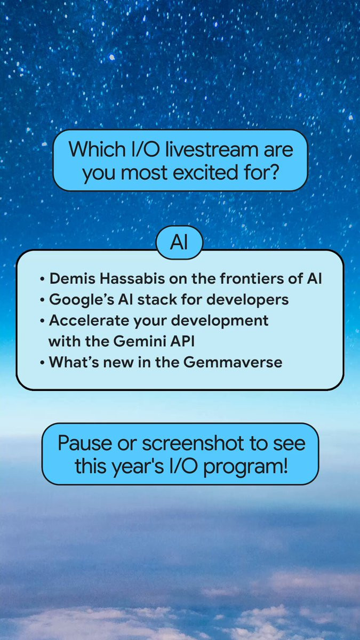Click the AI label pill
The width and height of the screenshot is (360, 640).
click(179, 243)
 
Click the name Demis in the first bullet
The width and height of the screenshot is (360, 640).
click(73, 278)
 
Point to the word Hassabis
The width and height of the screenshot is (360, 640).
click(132, 278)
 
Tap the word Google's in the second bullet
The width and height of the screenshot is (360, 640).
click(82, 300)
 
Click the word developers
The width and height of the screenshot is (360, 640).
click(247, 300)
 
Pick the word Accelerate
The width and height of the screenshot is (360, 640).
click(89, 321)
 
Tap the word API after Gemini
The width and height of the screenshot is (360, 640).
click(182, 341)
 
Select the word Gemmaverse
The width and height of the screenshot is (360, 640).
click(233, 362)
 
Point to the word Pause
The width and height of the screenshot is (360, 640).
click(85, 443)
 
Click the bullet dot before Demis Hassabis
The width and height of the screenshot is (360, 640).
click(42, 279)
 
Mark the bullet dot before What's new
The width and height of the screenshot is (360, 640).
click(42, 363)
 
